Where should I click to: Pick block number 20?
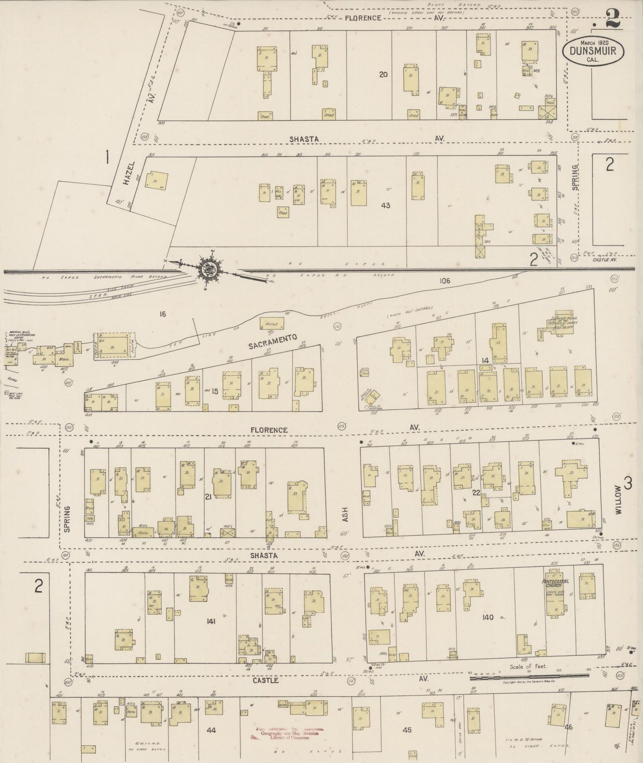pos(383,75)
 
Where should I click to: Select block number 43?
pos(385,205)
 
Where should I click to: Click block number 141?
pos(210,621)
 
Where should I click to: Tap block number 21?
pos(207,497)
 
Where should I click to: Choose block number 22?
pos(476,493)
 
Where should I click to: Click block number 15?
pos(214,391)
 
